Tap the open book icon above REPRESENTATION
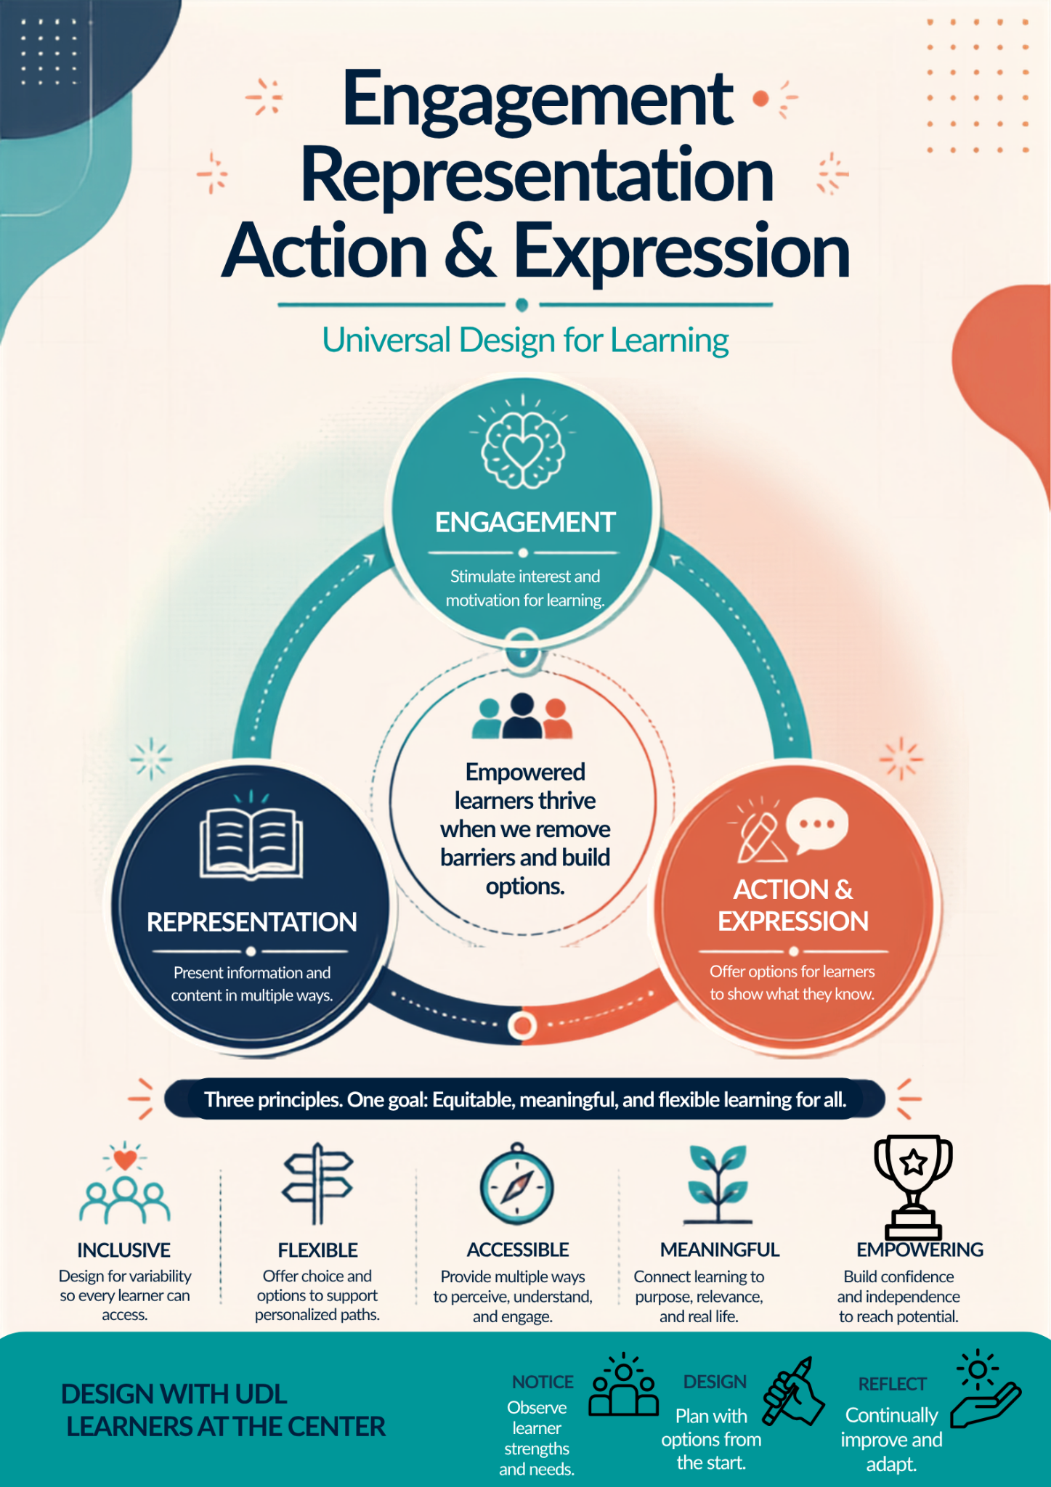[251, 844]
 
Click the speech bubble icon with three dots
[817, 825]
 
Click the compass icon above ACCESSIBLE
[516, 1184]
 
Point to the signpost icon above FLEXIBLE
[317, 1184]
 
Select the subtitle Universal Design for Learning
[525, 340]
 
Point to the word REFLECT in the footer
[892, 1384]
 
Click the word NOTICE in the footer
[543, 1382]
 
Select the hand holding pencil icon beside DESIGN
[793, 1390]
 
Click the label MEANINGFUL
[720, 1250]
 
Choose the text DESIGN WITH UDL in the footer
[174, 1393]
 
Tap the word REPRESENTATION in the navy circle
[251, 921]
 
